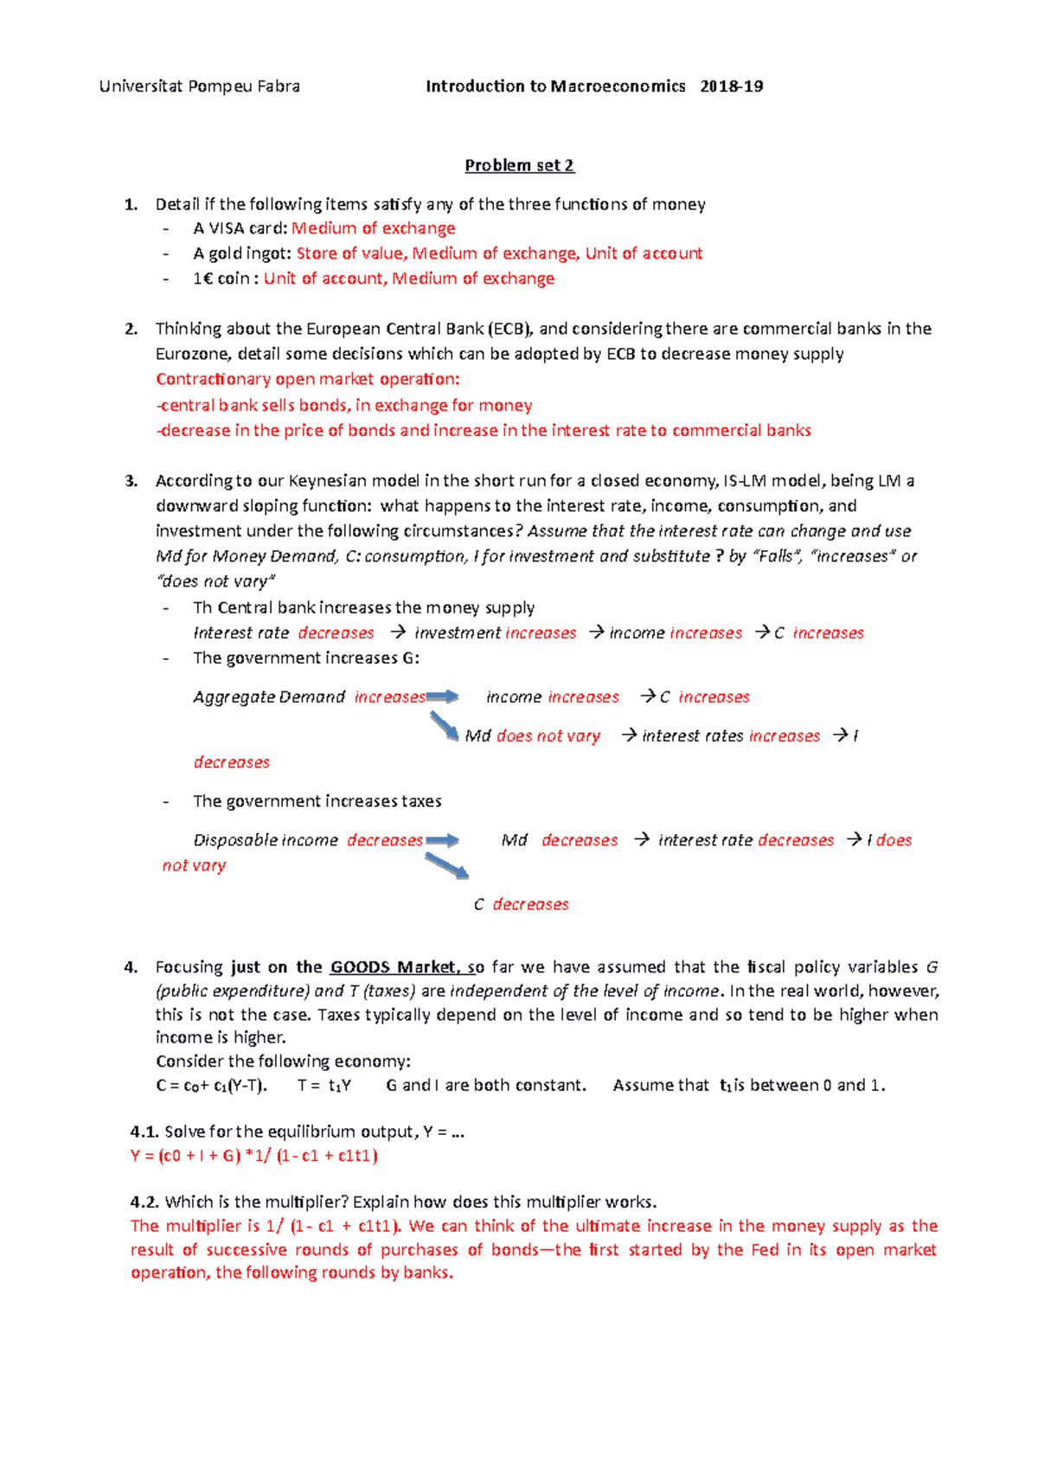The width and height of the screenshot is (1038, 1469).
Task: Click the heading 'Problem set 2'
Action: coord(519,165)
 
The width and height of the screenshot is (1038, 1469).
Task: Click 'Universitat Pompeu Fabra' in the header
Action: coord(200,87)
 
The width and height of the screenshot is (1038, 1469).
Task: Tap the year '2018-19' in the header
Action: coord(731,87)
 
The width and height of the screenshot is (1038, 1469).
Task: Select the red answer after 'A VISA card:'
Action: coord(373,228)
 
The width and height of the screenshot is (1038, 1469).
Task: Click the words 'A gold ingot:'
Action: coord(241,253)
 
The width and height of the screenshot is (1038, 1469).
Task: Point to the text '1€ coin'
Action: coord(221,279)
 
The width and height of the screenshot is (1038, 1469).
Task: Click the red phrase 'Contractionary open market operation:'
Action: coord(307,379)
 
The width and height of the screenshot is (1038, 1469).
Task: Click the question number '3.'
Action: coord(131,481)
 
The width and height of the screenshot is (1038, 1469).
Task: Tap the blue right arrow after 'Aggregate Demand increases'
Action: coord(442,696)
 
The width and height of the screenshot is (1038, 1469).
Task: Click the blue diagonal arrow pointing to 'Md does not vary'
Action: coord(444,725)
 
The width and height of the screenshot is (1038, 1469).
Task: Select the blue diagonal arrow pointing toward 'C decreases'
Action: coord(446,866)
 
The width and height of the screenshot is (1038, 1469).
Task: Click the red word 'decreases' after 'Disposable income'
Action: coord(385,840)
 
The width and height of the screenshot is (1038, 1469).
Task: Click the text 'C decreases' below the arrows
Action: coord(521,904)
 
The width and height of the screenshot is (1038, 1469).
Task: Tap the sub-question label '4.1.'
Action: coord(144,1132)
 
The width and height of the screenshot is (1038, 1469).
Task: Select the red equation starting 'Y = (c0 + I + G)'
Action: coord(253,1156)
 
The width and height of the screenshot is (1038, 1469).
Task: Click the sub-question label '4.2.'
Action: coord(144,1202)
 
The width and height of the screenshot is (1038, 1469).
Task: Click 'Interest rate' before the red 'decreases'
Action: coord(240,633)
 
